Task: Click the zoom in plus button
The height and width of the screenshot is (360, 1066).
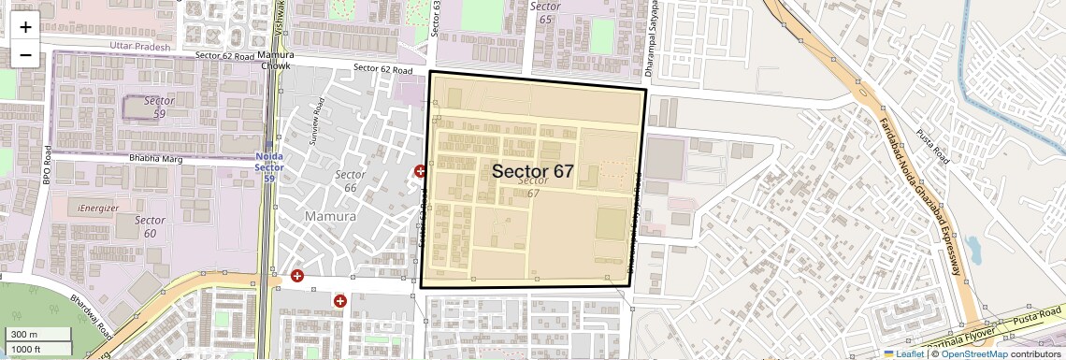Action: point(25,27)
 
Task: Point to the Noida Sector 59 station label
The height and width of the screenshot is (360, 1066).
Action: point(269,166)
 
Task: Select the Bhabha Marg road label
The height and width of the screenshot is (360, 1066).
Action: point(154,160)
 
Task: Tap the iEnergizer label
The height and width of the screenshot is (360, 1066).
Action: point(99,207)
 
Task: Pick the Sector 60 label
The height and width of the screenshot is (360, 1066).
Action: point(150,226)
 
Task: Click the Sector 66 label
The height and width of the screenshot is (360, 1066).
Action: point(350,181)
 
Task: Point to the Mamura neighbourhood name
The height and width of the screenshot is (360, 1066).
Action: point(330,216)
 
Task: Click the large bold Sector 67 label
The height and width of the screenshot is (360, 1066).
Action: point(532,171)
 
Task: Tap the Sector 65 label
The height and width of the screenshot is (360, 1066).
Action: point(545,12)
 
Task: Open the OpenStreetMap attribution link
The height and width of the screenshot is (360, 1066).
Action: point(974,353)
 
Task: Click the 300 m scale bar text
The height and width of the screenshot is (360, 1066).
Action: point(25,335)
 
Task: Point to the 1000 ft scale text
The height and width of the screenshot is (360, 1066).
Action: point(27,349)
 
